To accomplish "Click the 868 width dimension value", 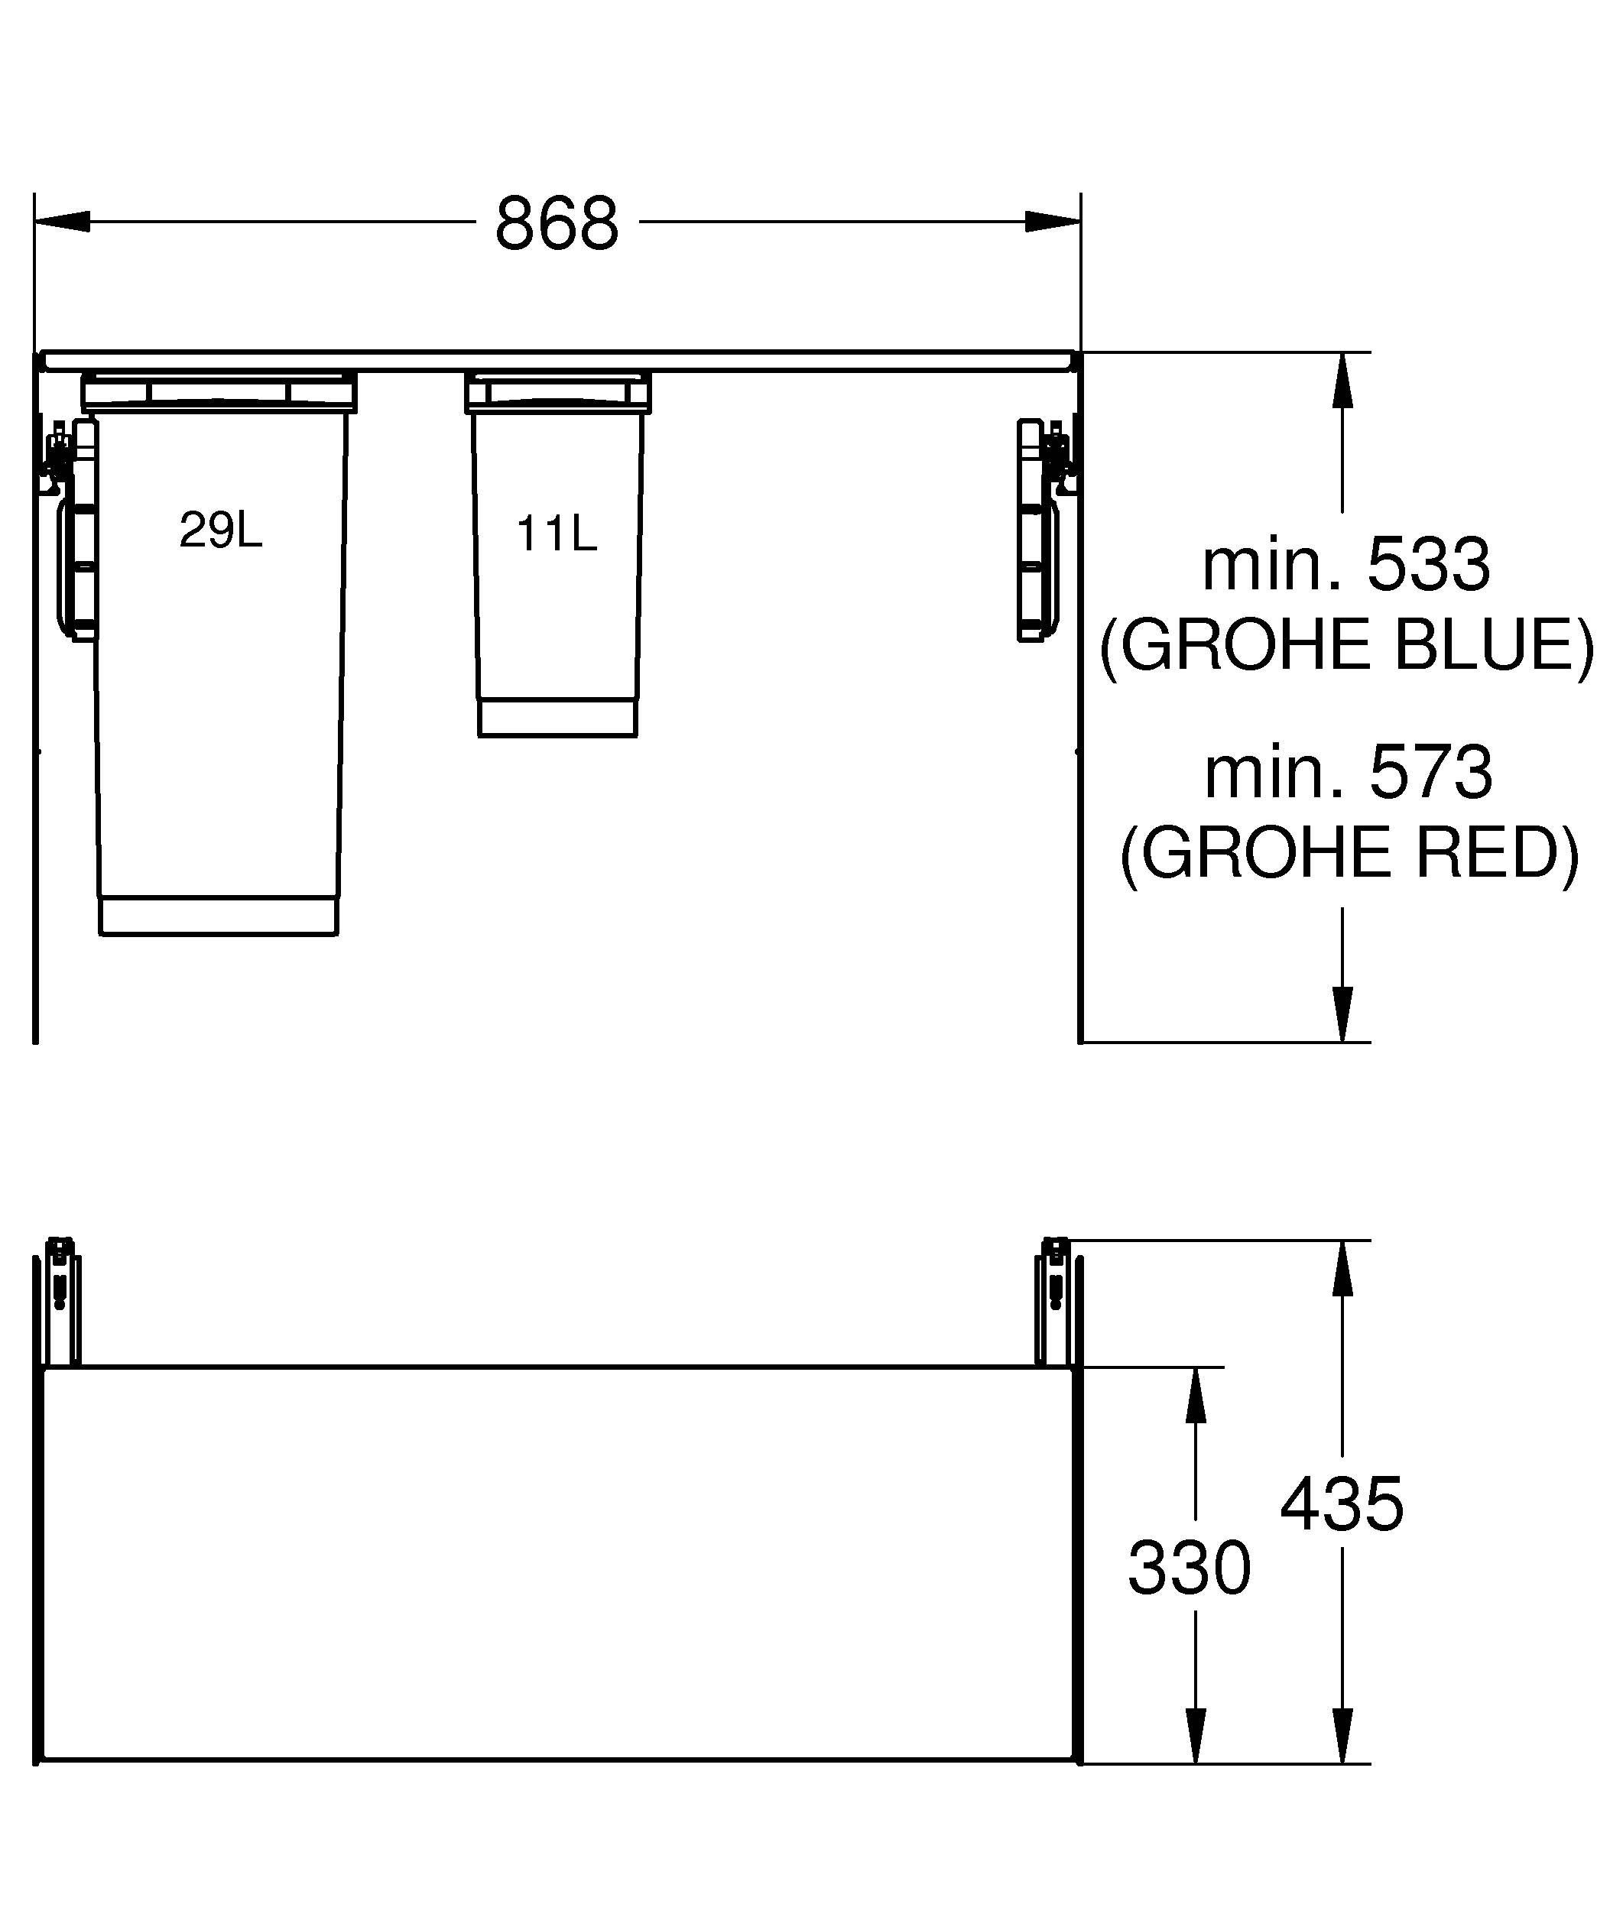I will [557, 223].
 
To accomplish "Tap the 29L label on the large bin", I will [220, 530].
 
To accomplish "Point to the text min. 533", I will [1346, 564].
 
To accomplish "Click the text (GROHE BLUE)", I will [1346, 645].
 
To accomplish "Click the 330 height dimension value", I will [1189, 1568].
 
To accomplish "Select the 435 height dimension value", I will [1342, 1504].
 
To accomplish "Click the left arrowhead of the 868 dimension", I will [63, 222].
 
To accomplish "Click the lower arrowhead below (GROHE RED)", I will [1342, 1014].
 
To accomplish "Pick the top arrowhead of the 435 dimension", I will [1342, 1268].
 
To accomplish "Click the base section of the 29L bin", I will [219, 916].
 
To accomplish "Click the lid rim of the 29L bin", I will [219, 391].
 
